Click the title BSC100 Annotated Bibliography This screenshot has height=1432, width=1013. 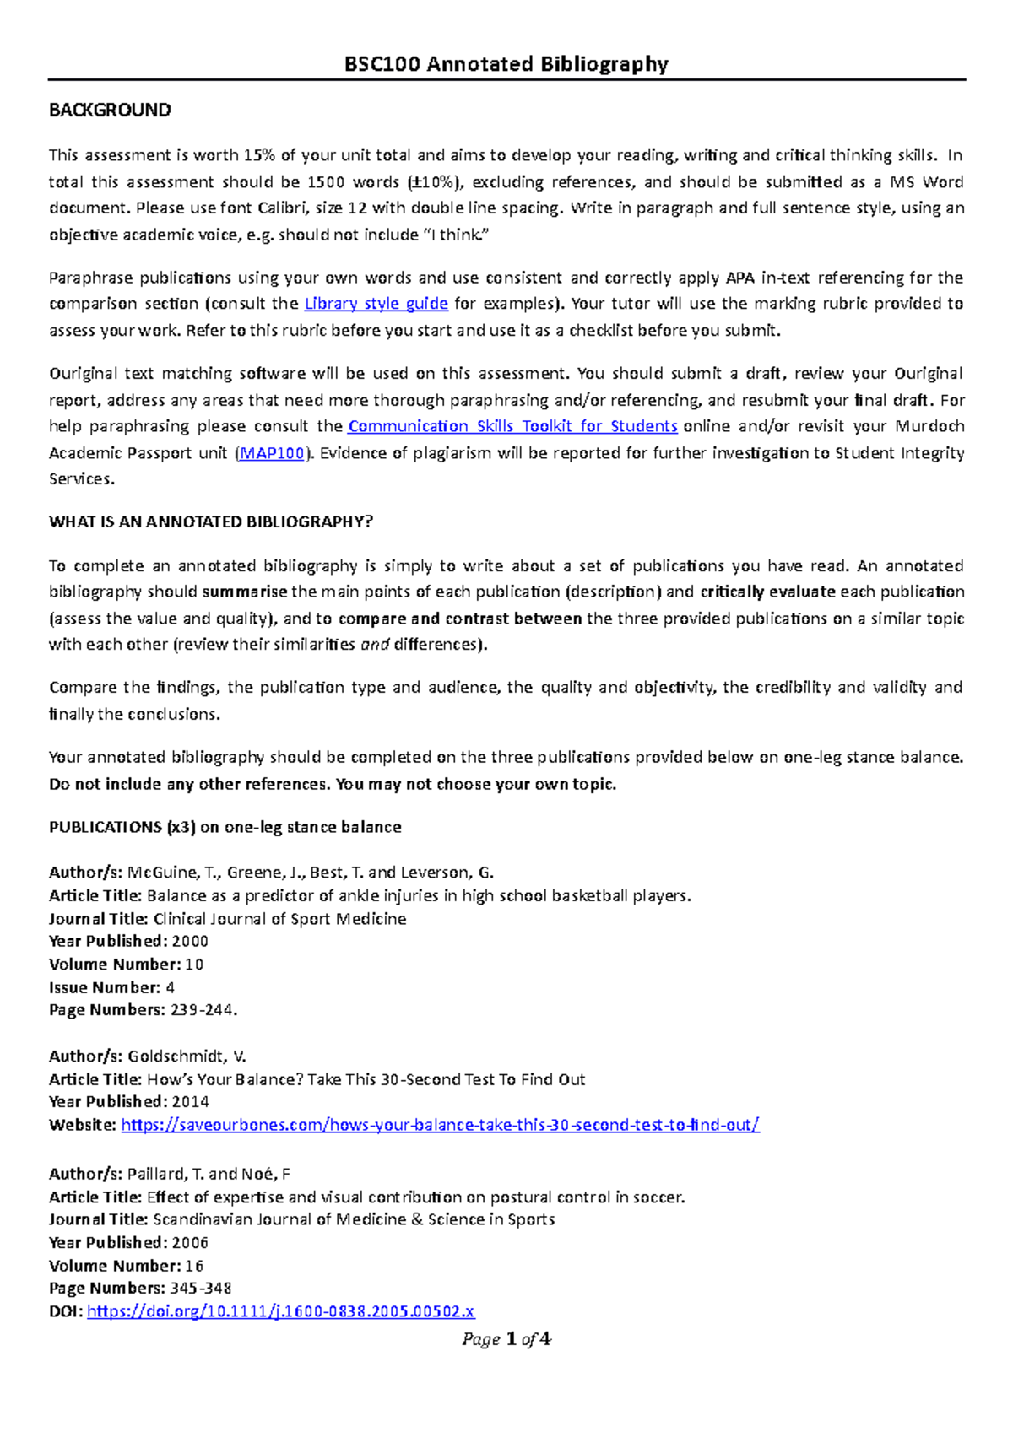pos(506,64)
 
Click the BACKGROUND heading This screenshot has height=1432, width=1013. pos(110,111)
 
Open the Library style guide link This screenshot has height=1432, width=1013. pos(376,304)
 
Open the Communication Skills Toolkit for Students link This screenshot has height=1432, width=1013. pos(512,426)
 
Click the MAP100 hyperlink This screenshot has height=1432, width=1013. pos(272,453)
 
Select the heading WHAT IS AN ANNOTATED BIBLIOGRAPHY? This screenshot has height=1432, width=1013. pos(211,522)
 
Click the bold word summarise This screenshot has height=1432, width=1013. pos(245,592)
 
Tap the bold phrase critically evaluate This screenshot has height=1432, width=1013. pos(767,592)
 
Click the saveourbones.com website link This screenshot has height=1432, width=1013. pos(440,1125)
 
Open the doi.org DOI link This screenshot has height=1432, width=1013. pos(280,1311)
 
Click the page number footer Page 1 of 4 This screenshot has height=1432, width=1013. pos(506,1339)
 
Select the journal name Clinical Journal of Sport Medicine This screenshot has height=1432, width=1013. pos(279,919)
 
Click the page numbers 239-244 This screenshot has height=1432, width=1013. pos(203,1010)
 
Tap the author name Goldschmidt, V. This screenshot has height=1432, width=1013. pos(187,1056)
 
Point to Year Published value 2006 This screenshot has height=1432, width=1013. pos(190,1243)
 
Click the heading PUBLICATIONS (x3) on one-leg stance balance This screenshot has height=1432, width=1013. pos(225,827)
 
